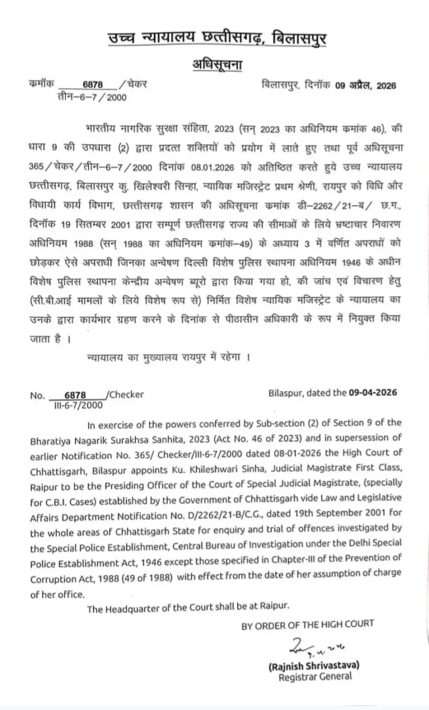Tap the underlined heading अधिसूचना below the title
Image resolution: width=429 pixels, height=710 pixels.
(x=214, y=66)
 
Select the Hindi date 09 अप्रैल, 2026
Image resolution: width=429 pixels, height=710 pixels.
(x=365, y=85)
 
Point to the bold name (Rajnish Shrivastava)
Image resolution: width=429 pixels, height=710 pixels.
(x=310, y=666)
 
